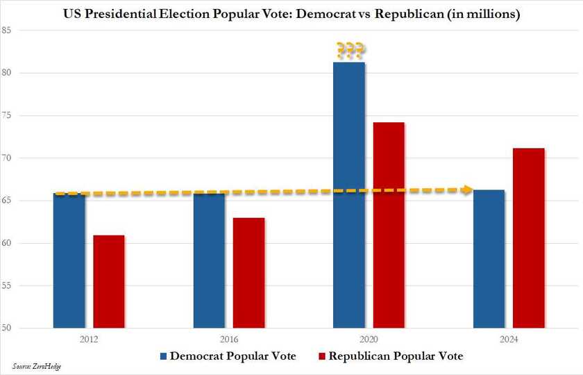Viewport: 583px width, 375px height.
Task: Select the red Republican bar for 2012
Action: pyautogui.click(x=109, y=281)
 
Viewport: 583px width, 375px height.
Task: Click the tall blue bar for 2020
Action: pyautogui.click(x=349, y=194)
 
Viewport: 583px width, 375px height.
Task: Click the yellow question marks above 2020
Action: pyautogui.click(x=350, y=50)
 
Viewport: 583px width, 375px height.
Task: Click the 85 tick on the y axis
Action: pyautogui.click(x=6, y=31)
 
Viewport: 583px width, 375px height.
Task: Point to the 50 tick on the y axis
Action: pyautogui.click(x=6, y=328)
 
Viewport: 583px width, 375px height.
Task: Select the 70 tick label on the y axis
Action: pyautogui.click(x=6, y=158)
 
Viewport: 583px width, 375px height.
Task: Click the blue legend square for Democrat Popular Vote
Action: pyautogui.click(x=163, y=356)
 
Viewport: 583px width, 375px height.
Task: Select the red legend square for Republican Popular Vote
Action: pyautogui.click(x=321, y=356)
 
